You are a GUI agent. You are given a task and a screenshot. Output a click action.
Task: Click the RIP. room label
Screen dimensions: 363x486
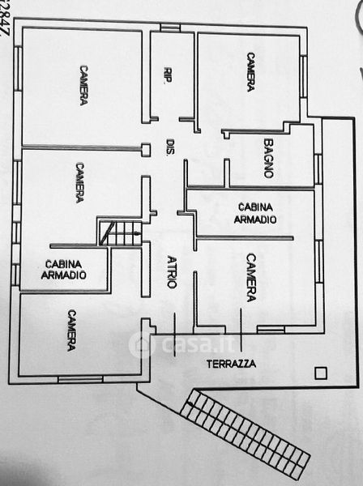coord(168,75)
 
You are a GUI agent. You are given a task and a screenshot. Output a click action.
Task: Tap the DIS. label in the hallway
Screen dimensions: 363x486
coord(171,147)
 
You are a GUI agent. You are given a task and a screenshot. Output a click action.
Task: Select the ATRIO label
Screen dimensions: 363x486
coord(172,272)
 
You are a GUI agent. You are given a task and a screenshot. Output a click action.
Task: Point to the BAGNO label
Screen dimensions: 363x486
coord(268,158)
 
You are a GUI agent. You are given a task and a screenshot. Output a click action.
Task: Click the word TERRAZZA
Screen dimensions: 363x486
coord(231,364)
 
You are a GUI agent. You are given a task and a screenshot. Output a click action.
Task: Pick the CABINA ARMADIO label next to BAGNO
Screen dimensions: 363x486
coord(254,213)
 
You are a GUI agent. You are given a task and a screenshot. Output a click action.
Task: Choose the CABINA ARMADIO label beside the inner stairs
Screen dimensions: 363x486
coord(63,270)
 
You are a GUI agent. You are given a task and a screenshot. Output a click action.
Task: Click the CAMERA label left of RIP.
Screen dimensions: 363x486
coord(83,85)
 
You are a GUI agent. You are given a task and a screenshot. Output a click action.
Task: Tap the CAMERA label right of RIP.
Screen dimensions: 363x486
coord(251,72)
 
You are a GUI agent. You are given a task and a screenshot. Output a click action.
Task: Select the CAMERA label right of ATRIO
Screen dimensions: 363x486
coord(251,278)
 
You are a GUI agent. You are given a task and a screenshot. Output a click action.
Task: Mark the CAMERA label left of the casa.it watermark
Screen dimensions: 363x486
coord(71,330)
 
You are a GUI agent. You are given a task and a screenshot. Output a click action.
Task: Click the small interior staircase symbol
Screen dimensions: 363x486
coord(120,232)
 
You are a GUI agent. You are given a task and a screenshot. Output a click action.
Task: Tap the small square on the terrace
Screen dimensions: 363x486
coord(321,373)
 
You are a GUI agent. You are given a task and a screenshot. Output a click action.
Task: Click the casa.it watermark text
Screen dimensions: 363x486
coord(200,344)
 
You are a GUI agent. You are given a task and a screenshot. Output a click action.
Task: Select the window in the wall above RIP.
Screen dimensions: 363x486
coord(170,28)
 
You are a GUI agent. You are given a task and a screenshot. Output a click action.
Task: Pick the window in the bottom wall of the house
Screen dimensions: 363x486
coord(80,379)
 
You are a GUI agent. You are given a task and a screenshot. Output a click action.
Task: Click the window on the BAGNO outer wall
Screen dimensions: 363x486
coord(318,169)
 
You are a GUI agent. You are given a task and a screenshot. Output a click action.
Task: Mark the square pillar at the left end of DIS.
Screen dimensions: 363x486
coord(146,150)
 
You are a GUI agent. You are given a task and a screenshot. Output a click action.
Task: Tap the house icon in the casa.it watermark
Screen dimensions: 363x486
coord(141,345)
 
